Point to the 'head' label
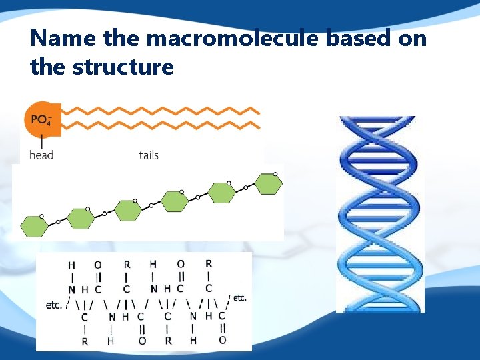(x=41, y=155)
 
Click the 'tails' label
(x=149, y=155)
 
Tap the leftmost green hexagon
(x=34, y=226)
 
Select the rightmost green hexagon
(x=269, y=183)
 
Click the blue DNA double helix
(x=379, y=213)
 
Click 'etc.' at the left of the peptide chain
(x=54, y=305)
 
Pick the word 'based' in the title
(x=361, y=39)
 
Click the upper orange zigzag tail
(x=160, y=111)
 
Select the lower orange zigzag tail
(x=160, y=125)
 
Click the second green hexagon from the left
(x=81, y=218)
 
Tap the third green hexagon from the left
(x=128, y=210)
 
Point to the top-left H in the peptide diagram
(x=71, y=265)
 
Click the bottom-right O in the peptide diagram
(x=223, y=340)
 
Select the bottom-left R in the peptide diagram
(x=85, y=341)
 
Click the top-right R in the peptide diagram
(x=209, y=263)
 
